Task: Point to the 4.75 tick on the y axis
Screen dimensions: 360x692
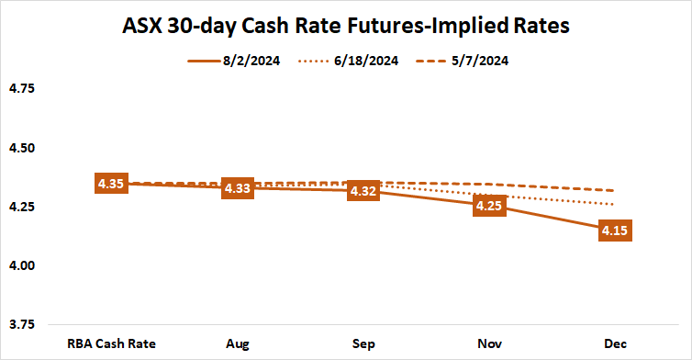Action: [x=21, y=89]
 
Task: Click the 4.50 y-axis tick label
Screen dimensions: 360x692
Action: [x=21, y=148]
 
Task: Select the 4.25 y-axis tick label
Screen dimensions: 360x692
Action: [x=21, y=207]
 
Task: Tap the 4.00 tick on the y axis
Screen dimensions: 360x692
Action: [x=21, y=266]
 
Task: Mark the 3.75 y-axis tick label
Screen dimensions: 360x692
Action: [x=21, y=325]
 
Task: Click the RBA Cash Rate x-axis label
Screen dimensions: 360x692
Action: [x=110, y=343]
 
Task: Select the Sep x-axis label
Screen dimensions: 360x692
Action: [x=363, y=343]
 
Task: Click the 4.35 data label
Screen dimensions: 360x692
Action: [x=110, y=184]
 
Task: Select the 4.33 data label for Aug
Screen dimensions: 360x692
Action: [x=239, y=189]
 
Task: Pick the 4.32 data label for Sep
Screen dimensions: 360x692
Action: [x=363, y=191]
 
